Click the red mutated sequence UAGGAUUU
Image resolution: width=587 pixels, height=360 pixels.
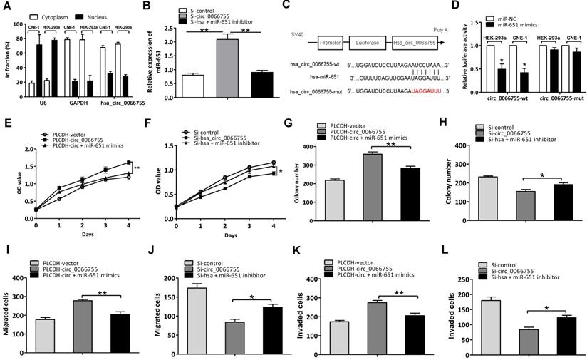(425, 92)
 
